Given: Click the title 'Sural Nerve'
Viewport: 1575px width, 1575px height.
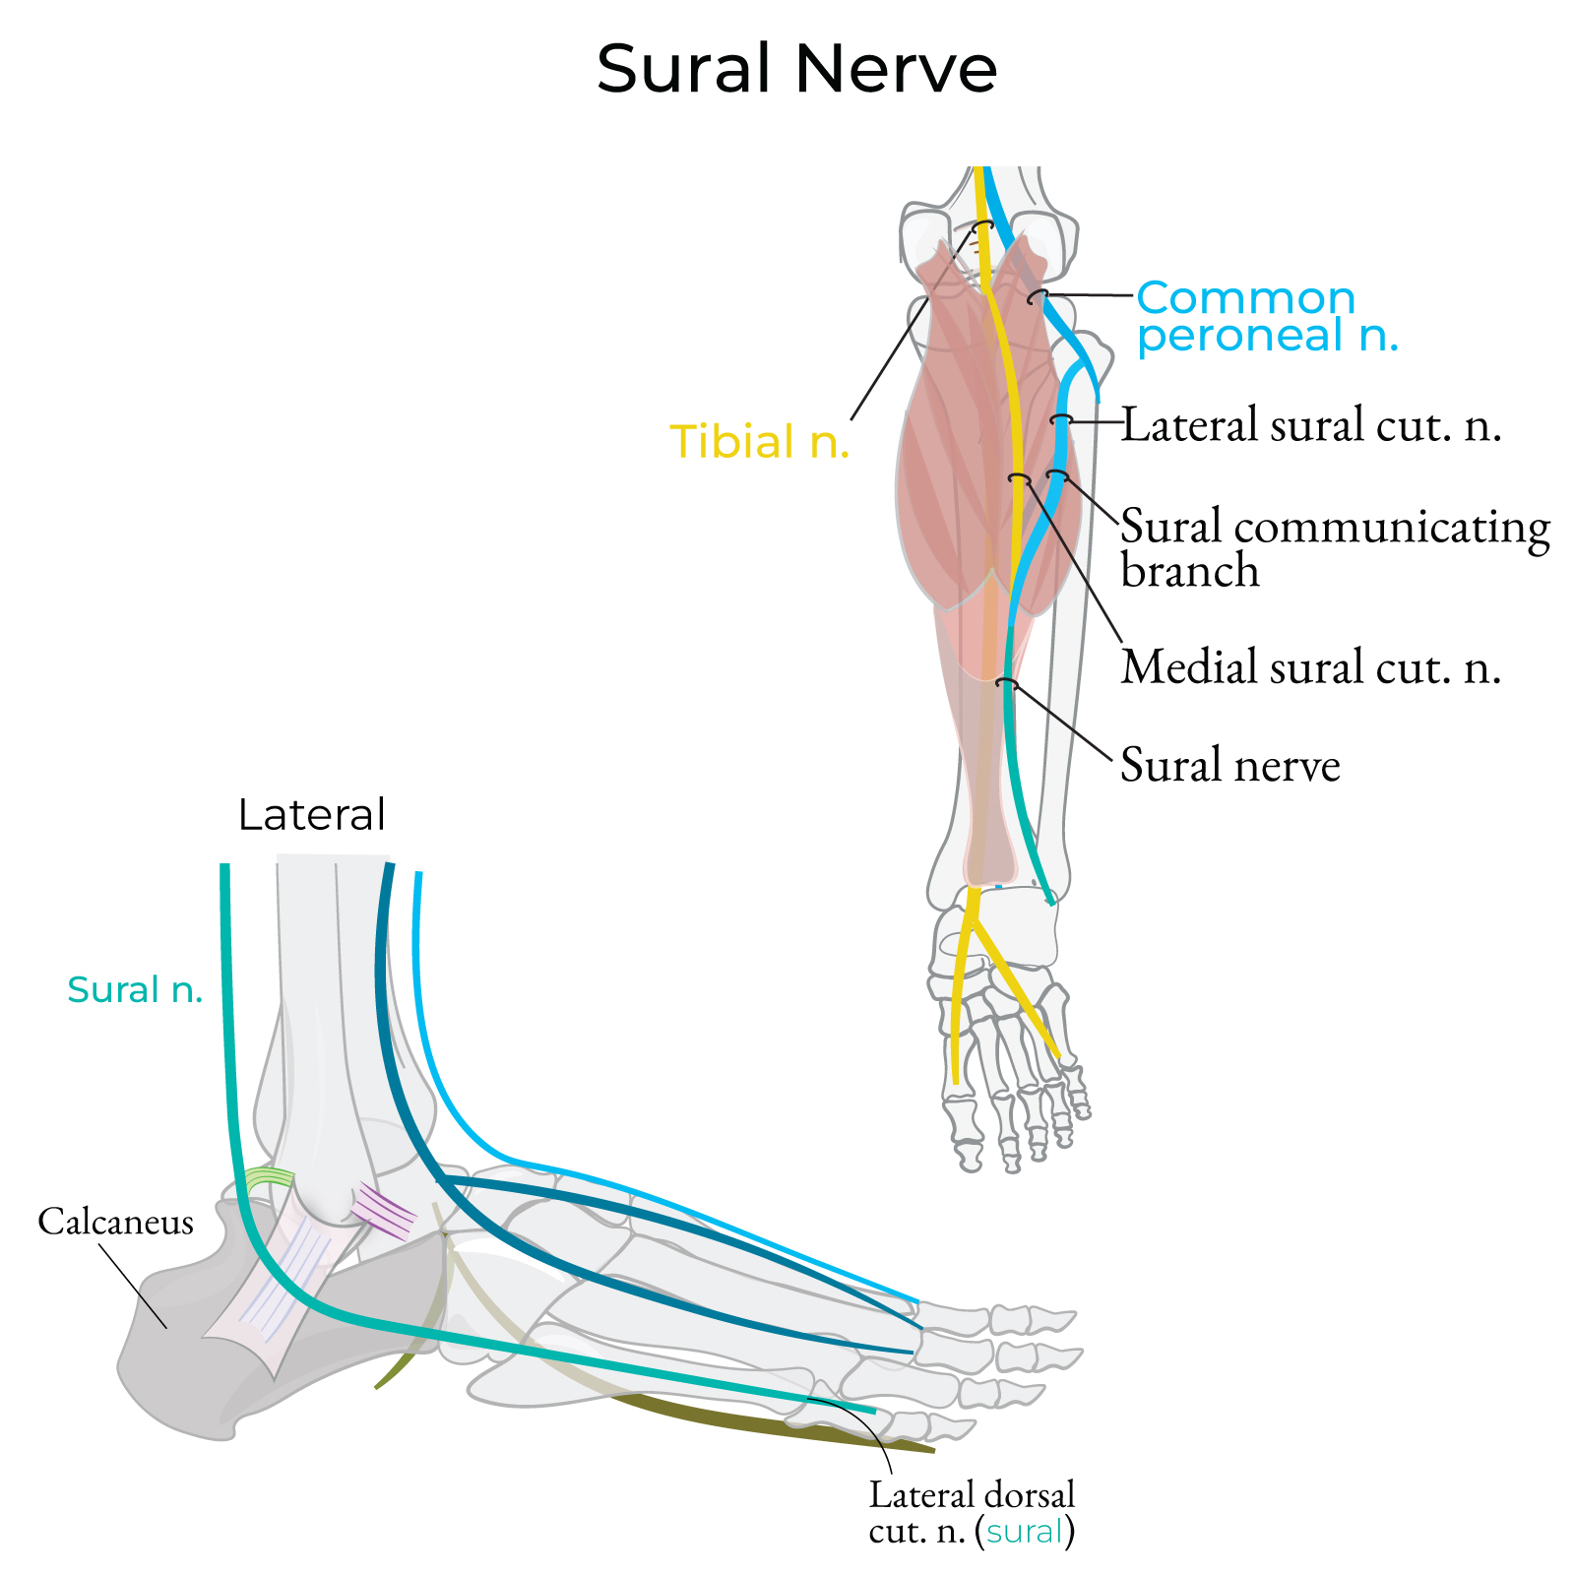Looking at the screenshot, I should tap(796, 69).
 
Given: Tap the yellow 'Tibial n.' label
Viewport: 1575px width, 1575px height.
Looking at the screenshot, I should tap(759, 442).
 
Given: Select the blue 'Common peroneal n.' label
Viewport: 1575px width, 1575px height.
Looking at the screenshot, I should tap(1267, 316).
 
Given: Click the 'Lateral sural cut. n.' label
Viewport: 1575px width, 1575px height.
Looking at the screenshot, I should tap(1311, 425).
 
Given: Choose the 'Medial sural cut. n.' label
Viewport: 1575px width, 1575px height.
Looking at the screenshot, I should tap(1311, 666).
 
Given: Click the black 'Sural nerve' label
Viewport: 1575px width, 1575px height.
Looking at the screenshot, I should tap(1230, 765).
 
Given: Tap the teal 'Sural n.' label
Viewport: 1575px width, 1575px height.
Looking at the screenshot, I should tap(135, 989).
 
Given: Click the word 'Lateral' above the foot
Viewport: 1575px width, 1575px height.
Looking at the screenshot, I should tap(312, 815).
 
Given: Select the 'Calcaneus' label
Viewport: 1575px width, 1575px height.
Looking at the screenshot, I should tap(115, 1222).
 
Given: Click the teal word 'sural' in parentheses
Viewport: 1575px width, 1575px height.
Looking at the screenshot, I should tap(1026, 1532).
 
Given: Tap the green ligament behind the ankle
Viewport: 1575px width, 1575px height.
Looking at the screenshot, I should tap(269, 1178).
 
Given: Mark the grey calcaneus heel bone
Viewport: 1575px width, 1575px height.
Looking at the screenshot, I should tap(177, 1358).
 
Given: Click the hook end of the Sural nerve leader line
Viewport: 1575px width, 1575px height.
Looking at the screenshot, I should tap(1004, 681).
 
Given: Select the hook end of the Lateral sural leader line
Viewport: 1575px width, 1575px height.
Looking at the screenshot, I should tap(1059, 420).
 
